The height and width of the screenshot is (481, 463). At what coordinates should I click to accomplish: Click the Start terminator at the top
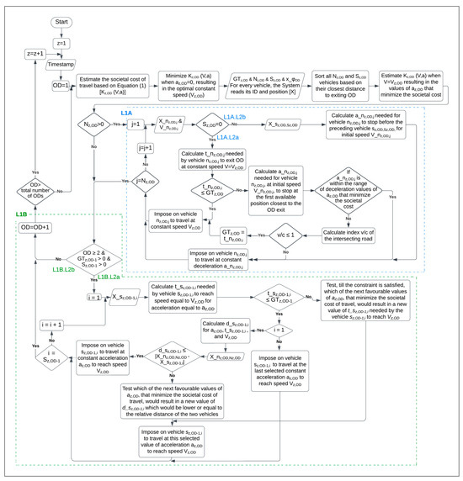pos(62,19)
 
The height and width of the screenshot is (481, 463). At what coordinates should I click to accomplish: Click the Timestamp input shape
pos(62,63)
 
